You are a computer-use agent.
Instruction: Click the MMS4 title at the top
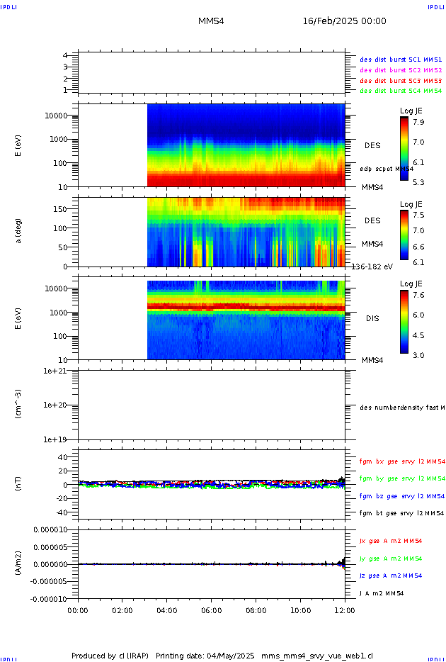[x=211, y=21]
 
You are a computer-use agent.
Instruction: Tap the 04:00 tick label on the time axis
[x=167, y=610]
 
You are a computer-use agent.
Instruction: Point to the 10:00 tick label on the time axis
[x=301, y=610]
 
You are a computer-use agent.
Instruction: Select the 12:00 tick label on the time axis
[x=345, y=610]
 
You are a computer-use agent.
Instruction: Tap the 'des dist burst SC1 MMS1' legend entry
[x=401, y=60]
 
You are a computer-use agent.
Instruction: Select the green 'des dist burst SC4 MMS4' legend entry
[x=401, y=91]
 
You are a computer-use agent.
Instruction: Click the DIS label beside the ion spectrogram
[x=372, y=318]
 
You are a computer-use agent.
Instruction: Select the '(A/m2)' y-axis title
[x=19, y=563]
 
